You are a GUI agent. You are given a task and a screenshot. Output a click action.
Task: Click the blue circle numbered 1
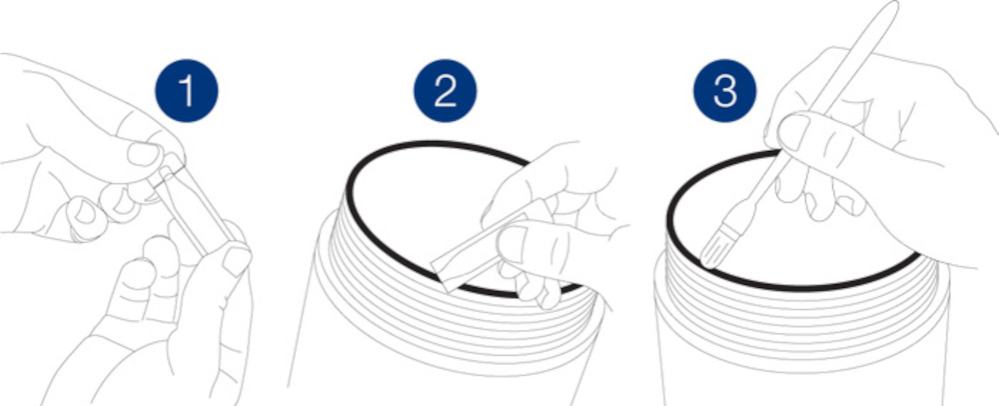(187, 91)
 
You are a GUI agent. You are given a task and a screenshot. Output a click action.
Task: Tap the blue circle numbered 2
(445, 91)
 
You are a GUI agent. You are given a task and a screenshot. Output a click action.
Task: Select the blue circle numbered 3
(725, 91)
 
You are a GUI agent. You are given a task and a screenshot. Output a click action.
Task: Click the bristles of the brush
(716, 245)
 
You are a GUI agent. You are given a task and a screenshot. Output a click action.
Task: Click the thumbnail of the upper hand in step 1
(143, 154)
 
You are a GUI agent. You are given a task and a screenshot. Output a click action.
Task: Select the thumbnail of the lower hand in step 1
(237, 259)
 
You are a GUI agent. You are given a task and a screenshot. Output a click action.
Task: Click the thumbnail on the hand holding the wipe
(513, 242)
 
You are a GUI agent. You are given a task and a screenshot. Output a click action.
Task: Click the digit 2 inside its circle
(445, 91)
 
